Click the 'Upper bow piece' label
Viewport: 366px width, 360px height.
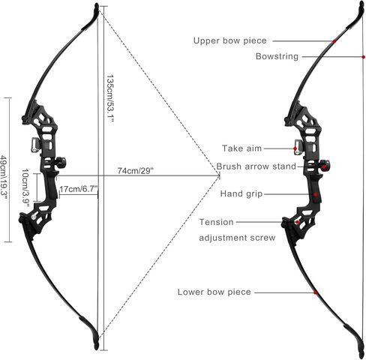click(x=229, y=40)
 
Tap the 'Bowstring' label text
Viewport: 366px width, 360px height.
click(x=277, y=56)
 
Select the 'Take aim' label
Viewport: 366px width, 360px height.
click(x=241, y=148)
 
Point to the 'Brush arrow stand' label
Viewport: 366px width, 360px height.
click(x=256, y=166)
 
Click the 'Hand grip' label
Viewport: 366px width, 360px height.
click(x=241, y=193)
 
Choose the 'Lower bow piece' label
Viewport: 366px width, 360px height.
click(x=214, y=292)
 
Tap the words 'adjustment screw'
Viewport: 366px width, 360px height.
click(x=237, y=238)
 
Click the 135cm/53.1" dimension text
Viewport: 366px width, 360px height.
click(x=110, y=98)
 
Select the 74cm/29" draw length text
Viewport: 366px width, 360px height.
click(x=135, y=171)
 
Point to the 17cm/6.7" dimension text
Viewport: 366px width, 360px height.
click(x=79, y=189)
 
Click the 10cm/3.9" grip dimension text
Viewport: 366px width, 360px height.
click(x=25, y=187)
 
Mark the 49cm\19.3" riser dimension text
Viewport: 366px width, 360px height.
click(x=4, y=178)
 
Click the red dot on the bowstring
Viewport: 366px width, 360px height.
click(x=363, y=57)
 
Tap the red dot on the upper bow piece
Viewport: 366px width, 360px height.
click(x=334, y=41)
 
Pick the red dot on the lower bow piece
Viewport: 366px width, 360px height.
click(x=316, y=292)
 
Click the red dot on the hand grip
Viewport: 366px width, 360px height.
click(x=316, y=194)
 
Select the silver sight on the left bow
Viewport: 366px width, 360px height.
click(x=35, y=145)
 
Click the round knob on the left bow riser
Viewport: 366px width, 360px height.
click(x=61, y=162)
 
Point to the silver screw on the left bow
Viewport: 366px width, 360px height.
click(x=34, y=217)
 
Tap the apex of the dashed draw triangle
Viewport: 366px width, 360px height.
click(x=220, y=176)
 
